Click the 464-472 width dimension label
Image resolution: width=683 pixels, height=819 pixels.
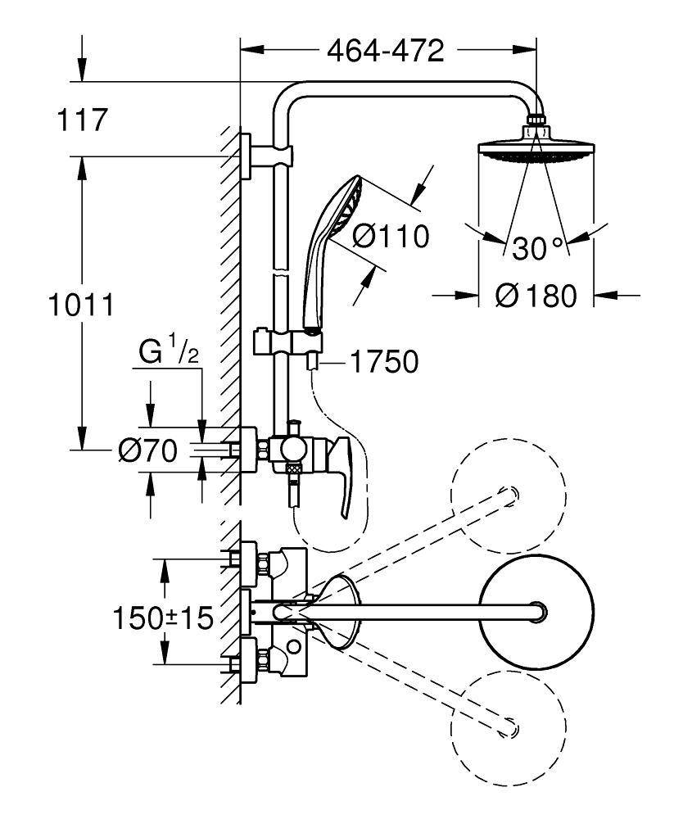coord(385,51)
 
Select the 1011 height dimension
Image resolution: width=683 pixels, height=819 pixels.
coord(79,306)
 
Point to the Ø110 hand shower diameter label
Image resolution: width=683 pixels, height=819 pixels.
coord(391,237)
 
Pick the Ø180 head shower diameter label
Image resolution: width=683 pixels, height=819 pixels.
coord(536,295)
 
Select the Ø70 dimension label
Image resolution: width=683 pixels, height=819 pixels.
coord(147,451)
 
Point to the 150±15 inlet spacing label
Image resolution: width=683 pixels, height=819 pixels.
coord(163,616)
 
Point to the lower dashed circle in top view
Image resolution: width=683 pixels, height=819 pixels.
coord(509,724)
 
